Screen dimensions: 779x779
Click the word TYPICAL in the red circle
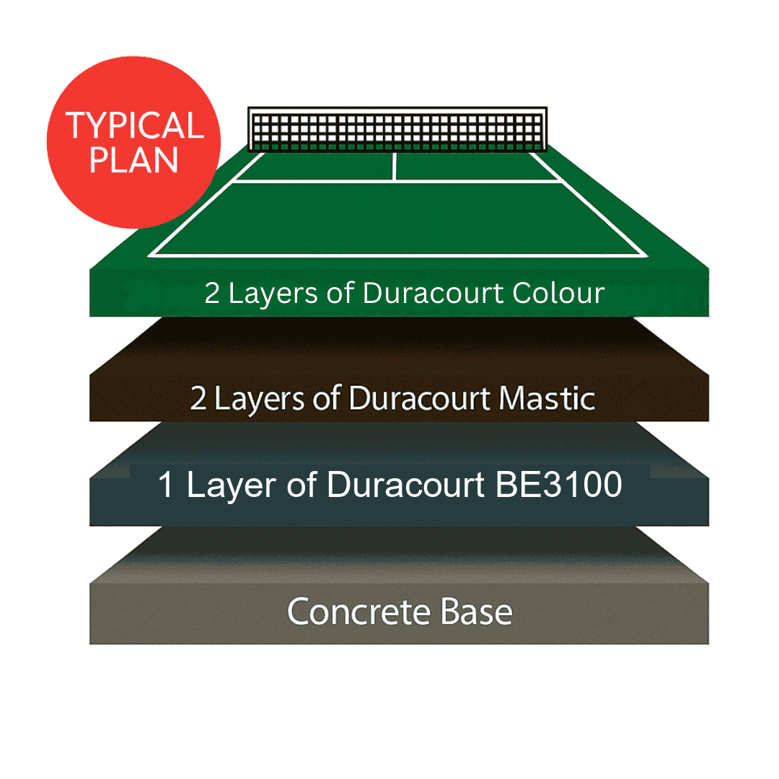[135, 126]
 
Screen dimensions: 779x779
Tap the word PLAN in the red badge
[133, 159]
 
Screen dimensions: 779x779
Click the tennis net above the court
[397, 129]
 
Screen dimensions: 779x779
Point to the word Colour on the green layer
[558, 293]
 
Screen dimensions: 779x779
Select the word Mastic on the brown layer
[547, 398]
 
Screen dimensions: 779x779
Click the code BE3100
[558, 484]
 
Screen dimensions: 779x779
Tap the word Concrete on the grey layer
[358, 612]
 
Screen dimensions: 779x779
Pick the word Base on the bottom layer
[477, 612]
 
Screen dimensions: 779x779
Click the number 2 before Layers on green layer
[212, 293]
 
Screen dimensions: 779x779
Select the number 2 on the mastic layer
[198, 398]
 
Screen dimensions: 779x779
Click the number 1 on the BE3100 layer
[166, 485]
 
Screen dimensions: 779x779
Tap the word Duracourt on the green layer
[433, 293]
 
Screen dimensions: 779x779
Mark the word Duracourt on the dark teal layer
[405, 484]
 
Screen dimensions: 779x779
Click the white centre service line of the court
[394, 167]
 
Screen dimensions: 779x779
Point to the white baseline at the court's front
[397, 255]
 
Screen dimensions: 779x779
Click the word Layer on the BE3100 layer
[232, 485]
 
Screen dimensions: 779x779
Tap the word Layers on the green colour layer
[273, 294]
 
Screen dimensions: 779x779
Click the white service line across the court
[397, 182]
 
